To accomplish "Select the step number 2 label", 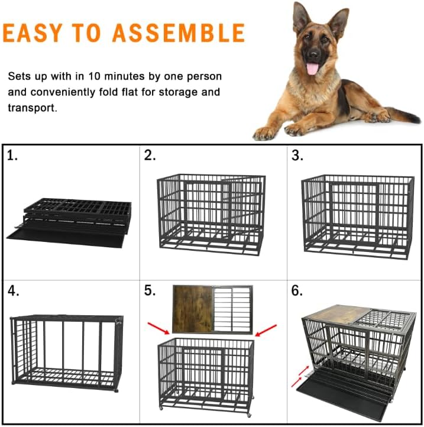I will [x=150, y=156].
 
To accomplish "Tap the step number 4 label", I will [x=13, y=291].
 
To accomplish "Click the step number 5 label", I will [x=150, y=291].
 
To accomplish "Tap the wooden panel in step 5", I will [x=192, y=309].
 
